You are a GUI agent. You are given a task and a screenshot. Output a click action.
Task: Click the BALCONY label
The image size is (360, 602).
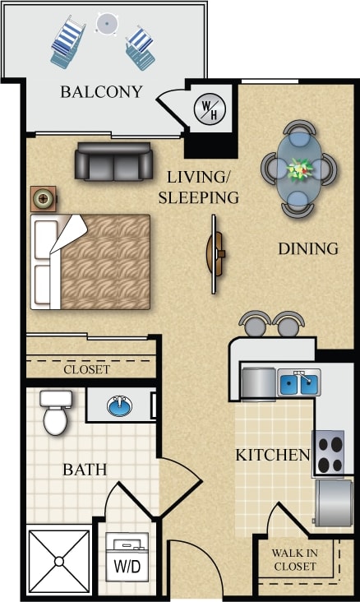101,91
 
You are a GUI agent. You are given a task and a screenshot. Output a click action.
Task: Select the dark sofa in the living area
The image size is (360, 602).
114,161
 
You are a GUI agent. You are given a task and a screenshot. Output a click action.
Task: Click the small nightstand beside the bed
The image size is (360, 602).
44,199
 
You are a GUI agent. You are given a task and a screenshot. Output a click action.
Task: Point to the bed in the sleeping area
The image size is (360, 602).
90,262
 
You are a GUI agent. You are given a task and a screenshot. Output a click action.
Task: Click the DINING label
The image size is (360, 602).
307,248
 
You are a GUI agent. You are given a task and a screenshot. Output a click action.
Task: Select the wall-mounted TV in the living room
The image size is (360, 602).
216,252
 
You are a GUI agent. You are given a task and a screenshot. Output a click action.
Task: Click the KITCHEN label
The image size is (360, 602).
272,455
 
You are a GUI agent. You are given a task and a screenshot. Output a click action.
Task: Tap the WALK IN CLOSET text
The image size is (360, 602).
293,560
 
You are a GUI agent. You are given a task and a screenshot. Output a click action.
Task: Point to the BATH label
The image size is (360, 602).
85,470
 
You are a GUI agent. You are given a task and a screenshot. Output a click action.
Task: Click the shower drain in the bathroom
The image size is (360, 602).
58,561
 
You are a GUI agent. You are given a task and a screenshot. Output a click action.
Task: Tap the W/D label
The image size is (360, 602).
126,567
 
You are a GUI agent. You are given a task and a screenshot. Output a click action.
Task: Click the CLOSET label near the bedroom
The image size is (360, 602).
86,369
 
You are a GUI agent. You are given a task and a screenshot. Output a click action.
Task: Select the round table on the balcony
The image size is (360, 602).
106,23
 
